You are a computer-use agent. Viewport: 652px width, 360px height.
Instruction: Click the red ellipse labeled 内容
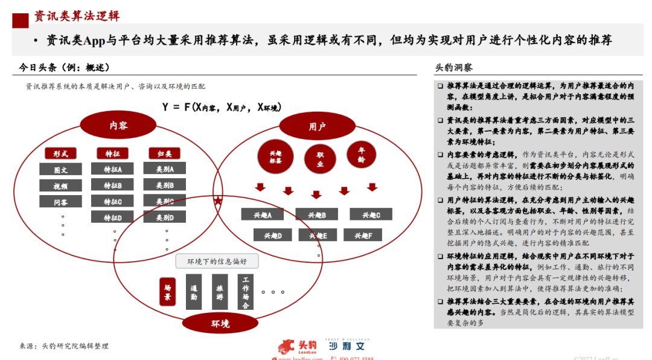[x=118, y=126]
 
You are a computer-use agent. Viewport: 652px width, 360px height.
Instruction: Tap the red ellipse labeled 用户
[x=317, y=126]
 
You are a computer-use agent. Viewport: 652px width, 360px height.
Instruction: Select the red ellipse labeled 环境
[x=220, y=324]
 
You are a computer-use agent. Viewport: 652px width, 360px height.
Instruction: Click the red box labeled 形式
[x=60, y=153]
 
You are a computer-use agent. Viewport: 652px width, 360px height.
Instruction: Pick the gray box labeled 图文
[x=60, y=170]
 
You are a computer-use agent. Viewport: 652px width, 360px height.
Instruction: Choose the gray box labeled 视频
[x=60, y=185]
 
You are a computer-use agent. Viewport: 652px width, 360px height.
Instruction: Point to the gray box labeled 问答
[x=60, y=202]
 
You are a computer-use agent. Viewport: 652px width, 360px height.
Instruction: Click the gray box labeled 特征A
[x=112, y=170]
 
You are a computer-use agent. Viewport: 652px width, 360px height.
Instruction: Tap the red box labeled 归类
[x=164, y=153]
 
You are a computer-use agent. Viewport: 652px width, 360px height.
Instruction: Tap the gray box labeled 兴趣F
[x=363, y=235]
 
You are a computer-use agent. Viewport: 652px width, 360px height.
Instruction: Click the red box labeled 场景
[x=168, y=292]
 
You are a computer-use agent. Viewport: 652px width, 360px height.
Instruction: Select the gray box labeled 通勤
[x=194, y=292]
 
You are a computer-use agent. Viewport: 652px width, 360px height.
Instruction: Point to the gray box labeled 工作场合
[x=246, y=292]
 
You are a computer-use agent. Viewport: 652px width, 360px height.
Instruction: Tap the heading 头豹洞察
[x=454, y=68]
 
